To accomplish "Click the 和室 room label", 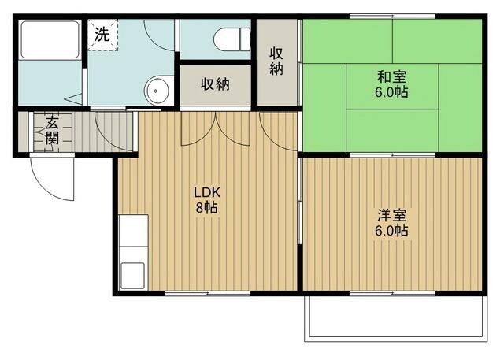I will pos(391,76).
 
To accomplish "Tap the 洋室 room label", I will pos(391,214).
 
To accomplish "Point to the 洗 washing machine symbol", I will pos(102,35).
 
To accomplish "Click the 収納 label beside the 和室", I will pos(277,61).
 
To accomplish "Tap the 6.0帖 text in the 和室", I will pos(391,92).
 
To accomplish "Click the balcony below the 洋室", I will pos(394,319).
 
